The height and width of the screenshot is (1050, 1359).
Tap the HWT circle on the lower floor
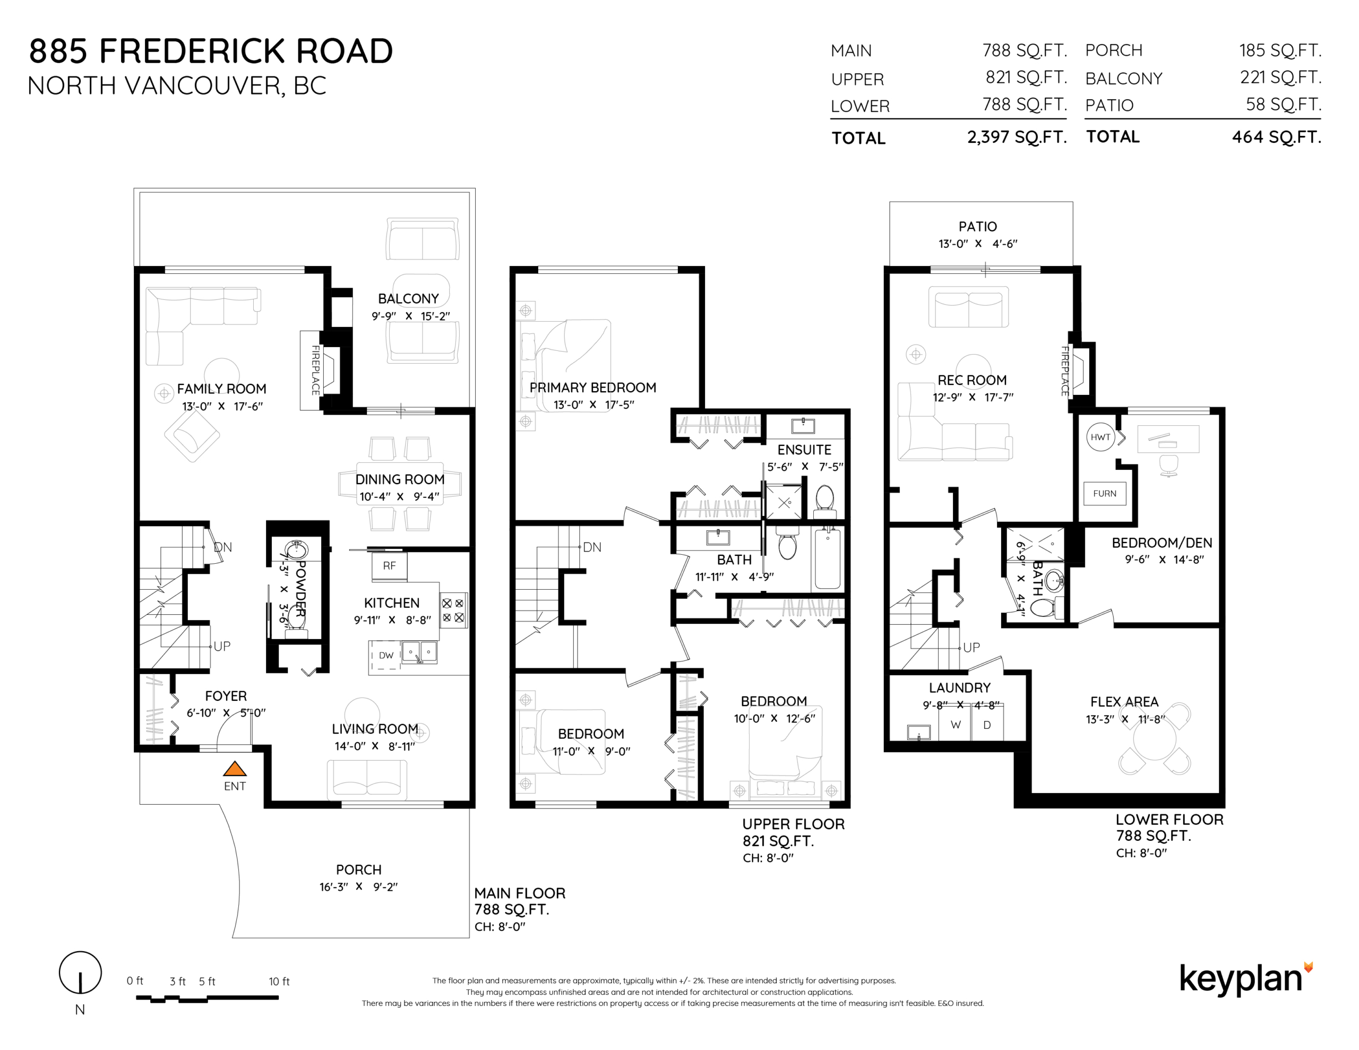coord(1100,437)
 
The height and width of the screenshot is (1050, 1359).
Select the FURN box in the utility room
coord(1105,494)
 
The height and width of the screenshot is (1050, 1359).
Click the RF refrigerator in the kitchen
coord(389,566)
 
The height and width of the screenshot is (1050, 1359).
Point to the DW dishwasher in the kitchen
coord(386,656)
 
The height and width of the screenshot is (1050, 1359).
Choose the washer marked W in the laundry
coord(955,725)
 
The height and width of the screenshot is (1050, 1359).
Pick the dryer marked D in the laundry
coord(987,725)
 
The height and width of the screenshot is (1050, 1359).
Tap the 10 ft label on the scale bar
coord(279,982)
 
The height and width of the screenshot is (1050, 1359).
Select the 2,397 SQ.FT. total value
coord(1017,137)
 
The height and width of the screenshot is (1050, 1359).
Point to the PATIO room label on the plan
coord(977,227)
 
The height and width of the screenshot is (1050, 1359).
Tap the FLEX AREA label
coord(1124,701)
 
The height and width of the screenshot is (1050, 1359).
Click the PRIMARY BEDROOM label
coord(592,387)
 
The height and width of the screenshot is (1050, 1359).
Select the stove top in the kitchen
coord(453,610)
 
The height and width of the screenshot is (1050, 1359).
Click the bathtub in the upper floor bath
coord(827,558)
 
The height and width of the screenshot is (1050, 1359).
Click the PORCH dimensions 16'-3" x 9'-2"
coord(358,887)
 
